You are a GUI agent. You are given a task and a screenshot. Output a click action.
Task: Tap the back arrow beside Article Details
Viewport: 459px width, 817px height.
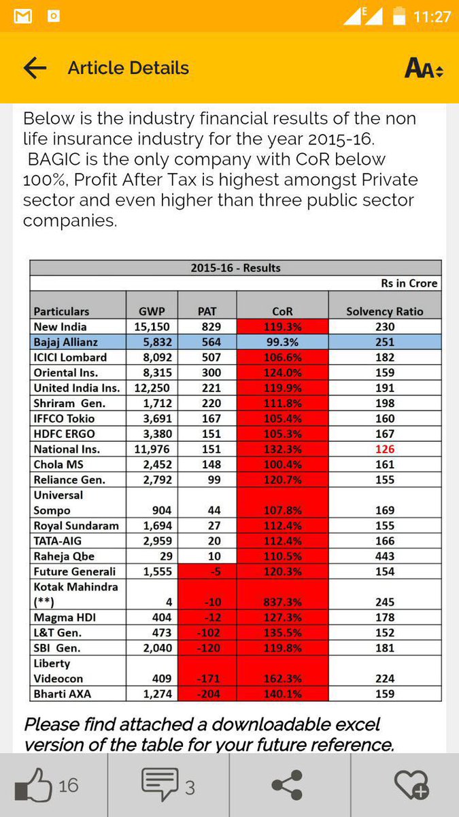click(35, 68)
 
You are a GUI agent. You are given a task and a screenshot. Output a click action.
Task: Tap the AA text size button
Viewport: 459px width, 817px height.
click(424, 68)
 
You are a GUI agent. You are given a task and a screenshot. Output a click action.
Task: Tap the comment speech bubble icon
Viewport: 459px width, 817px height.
click(160, 785)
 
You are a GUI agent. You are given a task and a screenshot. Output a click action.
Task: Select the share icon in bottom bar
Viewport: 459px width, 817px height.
click(288, 785)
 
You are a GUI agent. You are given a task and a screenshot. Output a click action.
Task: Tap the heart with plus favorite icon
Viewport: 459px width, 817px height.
click(411, 785)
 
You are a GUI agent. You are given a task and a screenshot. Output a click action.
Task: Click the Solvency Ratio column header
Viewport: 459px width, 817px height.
click(384, 311)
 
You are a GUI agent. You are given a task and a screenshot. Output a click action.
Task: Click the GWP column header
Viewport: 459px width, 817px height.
click(152, 311)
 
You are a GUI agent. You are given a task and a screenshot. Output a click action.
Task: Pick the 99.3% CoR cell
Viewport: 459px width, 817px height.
click(282, 342)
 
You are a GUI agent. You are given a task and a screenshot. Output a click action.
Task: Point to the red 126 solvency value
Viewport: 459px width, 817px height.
click(385, 449)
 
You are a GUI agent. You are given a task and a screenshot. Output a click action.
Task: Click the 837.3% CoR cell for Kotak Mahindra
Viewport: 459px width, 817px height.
click(282, 602)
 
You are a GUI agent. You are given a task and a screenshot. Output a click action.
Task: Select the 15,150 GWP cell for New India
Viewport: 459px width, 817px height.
click(152, 327)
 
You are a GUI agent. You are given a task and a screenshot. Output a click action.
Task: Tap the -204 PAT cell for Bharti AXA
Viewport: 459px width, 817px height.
click(207, 694)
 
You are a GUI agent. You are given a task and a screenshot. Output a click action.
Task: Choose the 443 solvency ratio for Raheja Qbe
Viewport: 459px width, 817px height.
click(385, 556)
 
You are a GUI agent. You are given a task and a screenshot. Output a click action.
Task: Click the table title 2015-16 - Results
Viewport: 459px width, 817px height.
click(235, 268)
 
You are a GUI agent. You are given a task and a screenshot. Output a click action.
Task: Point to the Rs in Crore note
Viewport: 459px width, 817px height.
click(409, 283)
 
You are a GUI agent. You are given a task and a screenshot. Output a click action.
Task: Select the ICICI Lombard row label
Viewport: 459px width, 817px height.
click(70, 357)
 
